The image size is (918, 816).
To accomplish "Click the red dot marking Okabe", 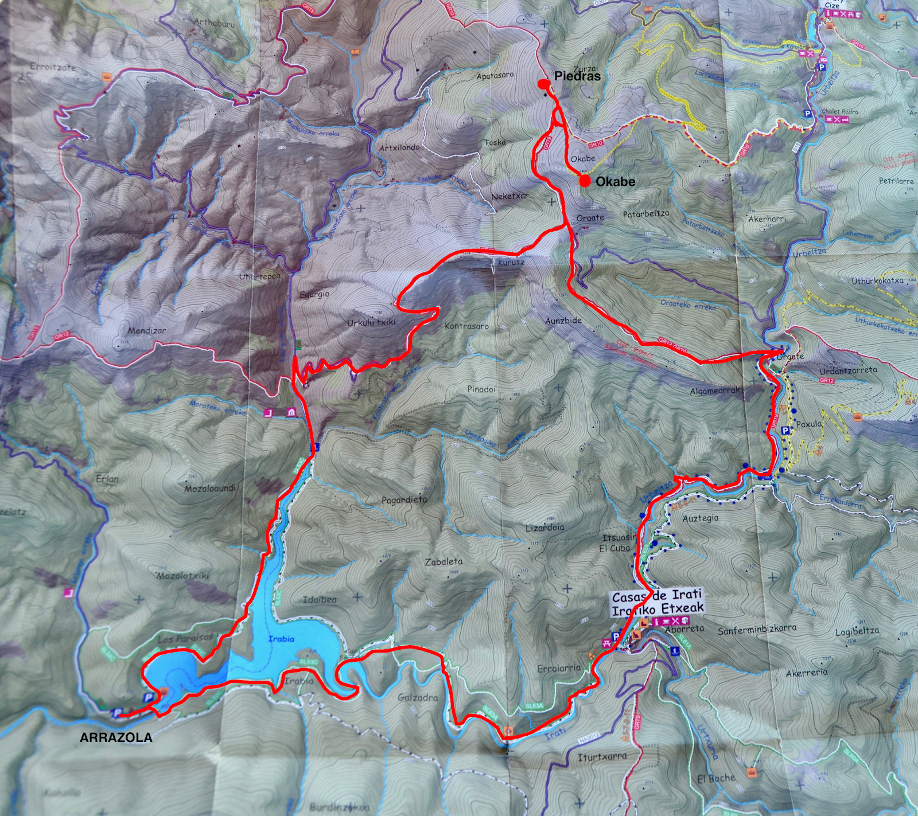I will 584,181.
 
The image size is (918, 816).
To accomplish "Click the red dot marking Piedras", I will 543,84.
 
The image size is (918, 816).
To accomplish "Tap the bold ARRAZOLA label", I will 116,737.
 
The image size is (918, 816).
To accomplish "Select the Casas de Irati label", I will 657,596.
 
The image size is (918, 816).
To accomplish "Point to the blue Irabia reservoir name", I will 281,639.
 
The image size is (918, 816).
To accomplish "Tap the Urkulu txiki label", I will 371,323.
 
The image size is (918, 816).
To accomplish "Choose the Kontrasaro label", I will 466,326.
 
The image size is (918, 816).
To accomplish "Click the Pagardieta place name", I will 404,499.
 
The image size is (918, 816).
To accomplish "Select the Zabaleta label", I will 444,562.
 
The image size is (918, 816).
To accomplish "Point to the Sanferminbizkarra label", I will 757,628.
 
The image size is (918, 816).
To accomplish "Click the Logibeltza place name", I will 857,630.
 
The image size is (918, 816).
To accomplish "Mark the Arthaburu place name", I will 213,23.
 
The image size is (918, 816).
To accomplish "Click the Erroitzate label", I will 53,67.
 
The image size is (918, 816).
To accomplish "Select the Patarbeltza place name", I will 646,214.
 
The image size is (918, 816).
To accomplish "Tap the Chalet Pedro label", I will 839,111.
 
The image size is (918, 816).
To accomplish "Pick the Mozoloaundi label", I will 210,489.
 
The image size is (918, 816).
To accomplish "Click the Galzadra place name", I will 418,698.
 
